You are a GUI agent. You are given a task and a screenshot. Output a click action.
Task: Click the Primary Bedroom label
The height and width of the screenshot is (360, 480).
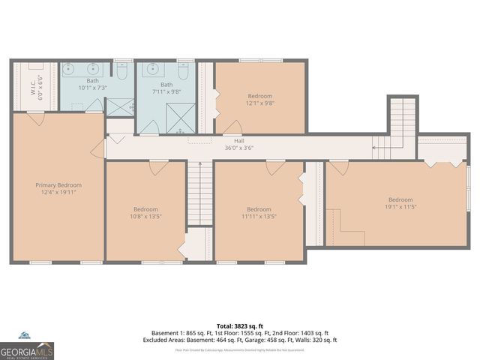click(58, 184)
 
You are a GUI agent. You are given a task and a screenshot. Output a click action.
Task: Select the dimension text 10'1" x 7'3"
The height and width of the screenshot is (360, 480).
click(92, 88)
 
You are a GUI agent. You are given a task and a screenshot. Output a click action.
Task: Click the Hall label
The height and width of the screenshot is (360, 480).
click(239, 139)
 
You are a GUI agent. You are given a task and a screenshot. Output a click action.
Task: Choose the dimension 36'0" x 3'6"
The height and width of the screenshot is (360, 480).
click(239, 148)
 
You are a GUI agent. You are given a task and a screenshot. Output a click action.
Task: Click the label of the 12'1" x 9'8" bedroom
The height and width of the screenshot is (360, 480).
click(259, 96)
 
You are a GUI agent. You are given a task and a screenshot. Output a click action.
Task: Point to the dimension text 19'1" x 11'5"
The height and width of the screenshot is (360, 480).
click(400, 207)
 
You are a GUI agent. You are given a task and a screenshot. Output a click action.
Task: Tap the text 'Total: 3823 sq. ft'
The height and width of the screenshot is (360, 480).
click(239, 326)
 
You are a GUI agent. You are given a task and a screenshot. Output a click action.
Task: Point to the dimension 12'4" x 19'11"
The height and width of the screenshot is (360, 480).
click(58, 193)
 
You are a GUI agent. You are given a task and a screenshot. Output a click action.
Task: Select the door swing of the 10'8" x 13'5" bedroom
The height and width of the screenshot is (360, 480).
click(154, 168)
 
